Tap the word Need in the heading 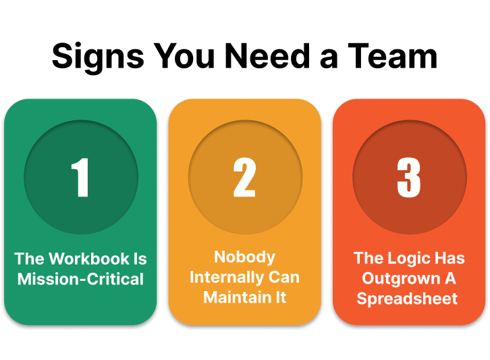coord(267,56)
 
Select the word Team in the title coord(393,56)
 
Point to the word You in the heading coord(184,56)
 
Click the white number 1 coord(80,177)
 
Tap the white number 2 coord(245,177)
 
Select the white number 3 coord(409,178)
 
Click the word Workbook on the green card coord(89,259)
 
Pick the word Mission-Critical coord(80,279)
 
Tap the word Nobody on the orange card coord(245,257)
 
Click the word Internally coord(225,278)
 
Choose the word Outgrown coord(401,279)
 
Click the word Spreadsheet coord(407,299)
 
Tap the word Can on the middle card coord(284,278)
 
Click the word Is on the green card coord(140,259)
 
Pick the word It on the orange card coord(281,297)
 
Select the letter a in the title coord(329,59)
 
